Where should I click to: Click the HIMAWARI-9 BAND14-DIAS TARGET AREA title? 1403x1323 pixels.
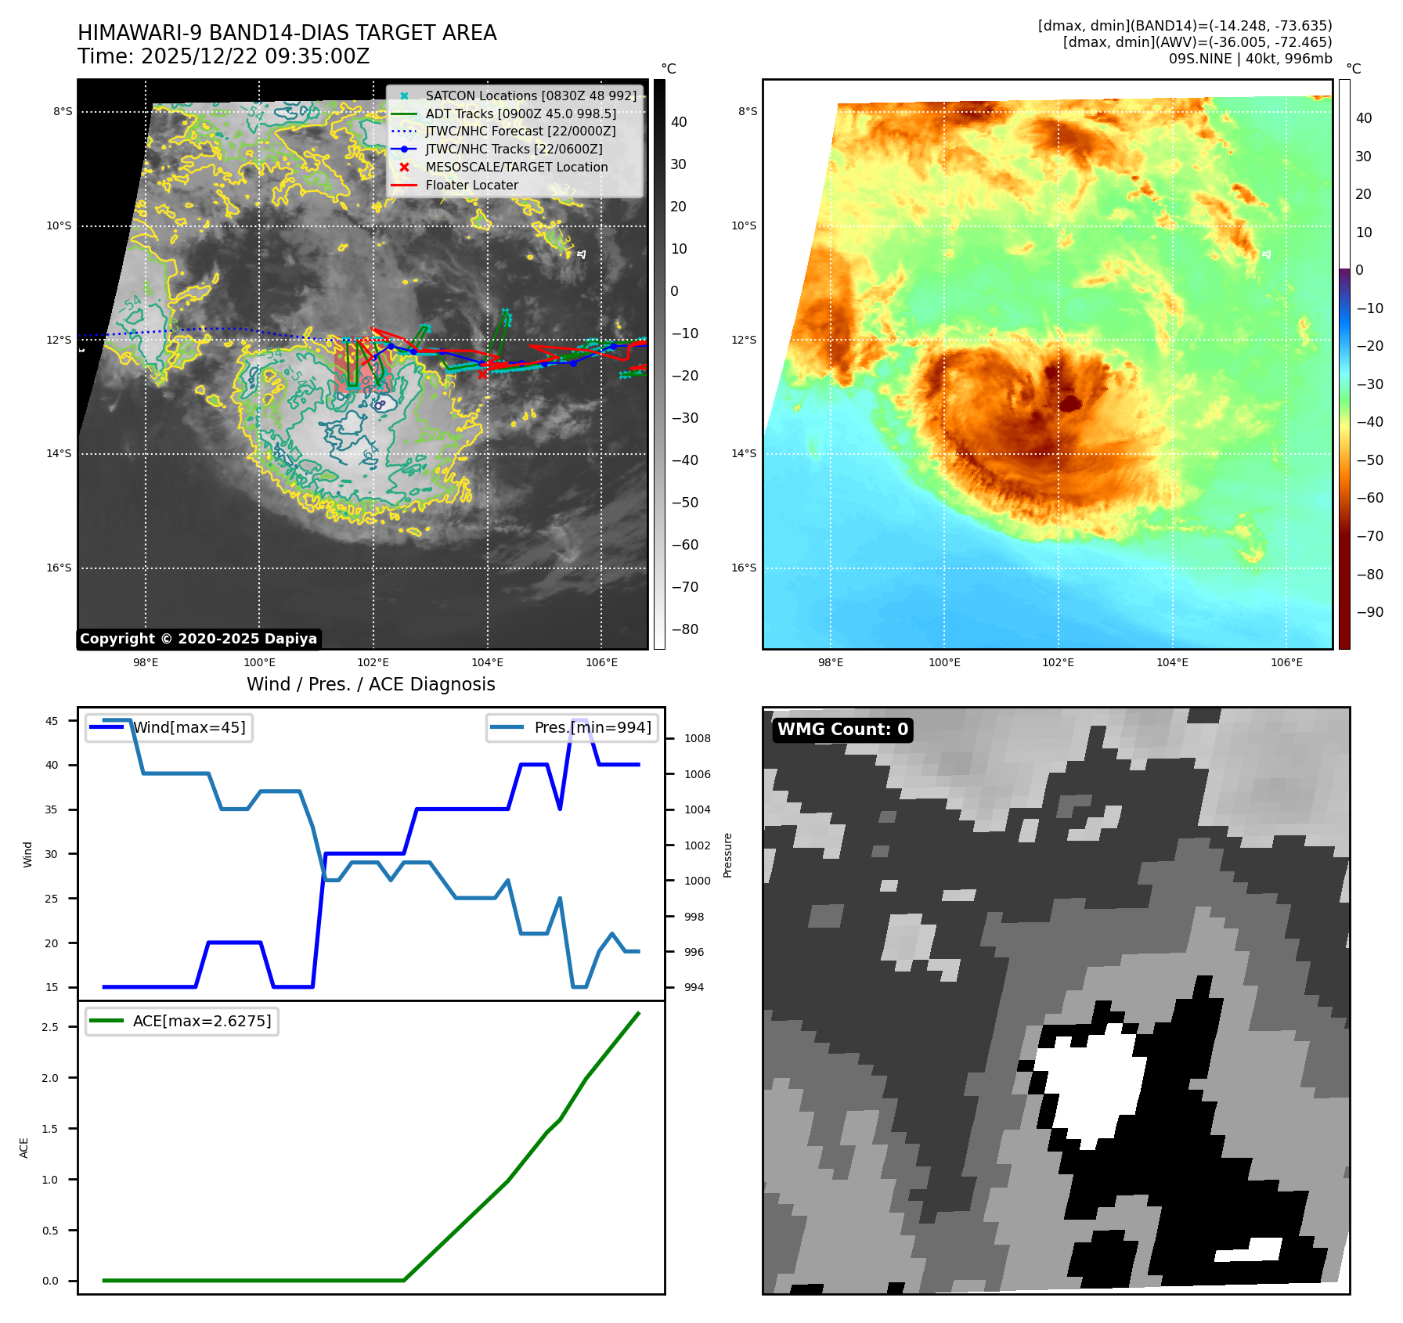pyautogui.click(x=287, y=33)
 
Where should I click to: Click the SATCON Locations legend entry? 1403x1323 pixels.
pyautogui.click(x=531, y=96)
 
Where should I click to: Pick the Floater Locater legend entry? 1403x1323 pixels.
pyautogui.click(x=471, y=185)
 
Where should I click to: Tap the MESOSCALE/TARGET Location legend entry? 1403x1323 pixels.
pyautogui.click(x=516, y=167)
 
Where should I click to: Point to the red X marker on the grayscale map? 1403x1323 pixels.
pyautogui.click(x=482, y=373)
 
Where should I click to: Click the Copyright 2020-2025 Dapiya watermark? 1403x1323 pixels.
pyautogui.click(x=198, y=639)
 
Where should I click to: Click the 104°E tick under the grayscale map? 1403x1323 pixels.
pyautogui.click(x=487, y=662)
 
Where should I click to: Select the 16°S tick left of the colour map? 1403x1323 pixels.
pyautogui.click(x=744, y=568)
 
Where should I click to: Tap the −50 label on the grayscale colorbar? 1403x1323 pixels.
pyautogui.click(x=684, y=503)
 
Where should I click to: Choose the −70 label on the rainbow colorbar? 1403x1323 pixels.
pyautogui.click(x=1369, y=536)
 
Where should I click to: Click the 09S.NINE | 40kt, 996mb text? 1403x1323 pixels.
pyautogui.click(x=1250, y=59)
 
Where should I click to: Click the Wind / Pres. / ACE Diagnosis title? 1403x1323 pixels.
pyautogui.click(x=370, y=684)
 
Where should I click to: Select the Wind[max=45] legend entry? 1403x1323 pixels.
pyautogui.click(x=189, y=727)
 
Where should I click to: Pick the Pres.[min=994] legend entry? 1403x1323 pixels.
pyautogui.click(x=592, y=727)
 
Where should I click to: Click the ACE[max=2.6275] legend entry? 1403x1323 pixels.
pyautogui.click(x=201, y=1021)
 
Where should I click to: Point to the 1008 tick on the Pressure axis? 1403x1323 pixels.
pyautogui.click(x=697, y=738)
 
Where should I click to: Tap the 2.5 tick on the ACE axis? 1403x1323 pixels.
pyautogui.click(x=50, y=1027)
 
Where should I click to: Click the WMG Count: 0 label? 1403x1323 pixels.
pyautogui.click(x=842, y=730)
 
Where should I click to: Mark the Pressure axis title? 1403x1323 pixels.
pyautogui.click(x=727, y=855)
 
